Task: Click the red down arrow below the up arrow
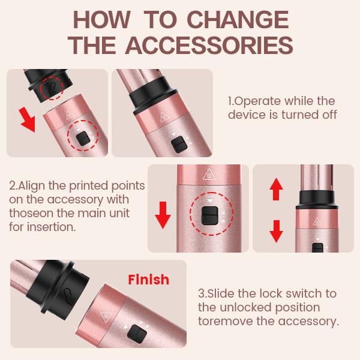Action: pos(276,230)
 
